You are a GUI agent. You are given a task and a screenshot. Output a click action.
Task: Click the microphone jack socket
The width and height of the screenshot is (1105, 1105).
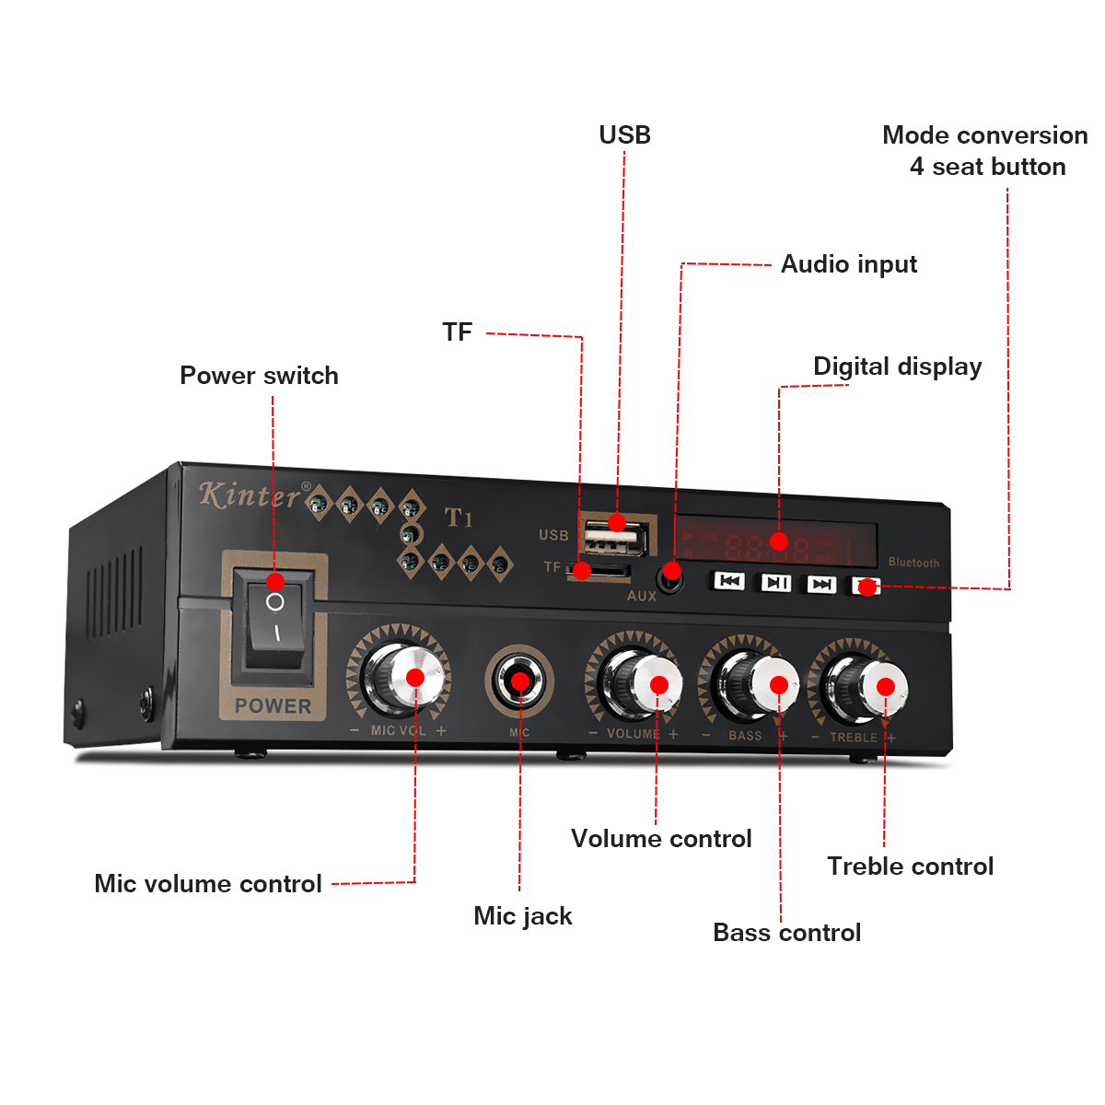(520, 681)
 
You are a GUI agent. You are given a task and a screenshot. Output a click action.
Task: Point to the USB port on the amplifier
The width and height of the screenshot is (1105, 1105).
(615, 534)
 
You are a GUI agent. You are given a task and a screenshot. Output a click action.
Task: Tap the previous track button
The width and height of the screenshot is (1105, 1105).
(729, 581)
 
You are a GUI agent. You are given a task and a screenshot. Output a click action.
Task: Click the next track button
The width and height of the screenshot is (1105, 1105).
(820, 584)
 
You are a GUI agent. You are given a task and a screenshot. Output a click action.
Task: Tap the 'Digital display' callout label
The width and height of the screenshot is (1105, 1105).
(897, 366)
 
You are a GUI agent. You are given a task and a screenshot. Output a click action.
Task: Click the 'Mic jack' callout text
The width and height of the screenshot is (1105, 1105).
(522, 916)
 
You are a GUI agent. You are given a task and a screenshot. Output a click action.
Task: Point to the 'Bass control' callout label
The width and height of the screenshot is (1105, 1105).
(786, 933)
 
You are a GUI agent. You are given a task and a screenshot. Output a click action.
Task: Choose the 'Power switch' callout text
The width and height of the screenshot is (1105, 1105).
(259, 376)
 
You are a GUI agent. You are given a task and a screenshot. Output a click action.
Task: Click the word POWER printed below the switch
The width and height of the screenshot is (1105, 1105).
(273, 706)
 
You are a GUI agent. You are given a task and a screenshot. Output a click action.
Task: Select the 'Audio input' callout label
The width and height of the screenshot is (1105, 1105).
(848, 264)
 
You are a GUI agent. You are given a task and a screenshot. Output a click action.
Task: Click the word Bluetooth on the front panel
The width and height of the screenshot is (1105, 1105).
(913, 563)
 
